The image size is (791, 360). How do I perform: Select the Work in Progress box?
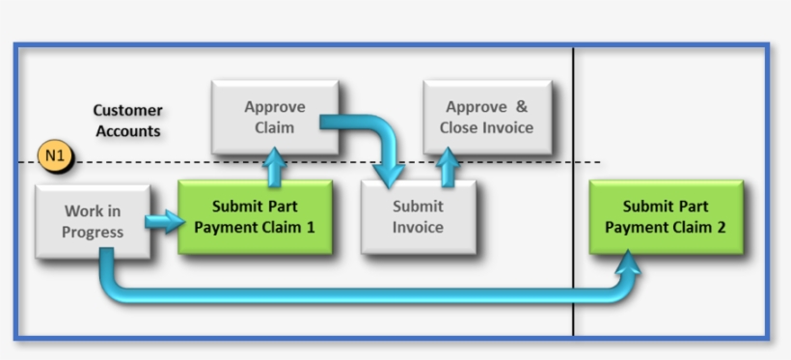coord(93,221)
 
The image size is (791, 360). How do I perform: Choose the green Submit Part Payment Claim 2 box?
coord(666,217)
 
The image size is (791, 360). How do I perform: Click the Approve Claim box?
coord(274,117)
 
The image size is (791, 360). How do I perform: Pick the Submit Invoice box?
coord(418,217)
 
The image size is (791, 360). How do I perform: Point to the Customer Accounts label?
coord(127,121)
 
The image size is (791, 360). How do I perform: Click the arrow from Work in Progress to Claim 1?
coord(164,222)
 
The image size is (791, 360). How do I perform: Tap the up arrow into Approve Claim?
coord(275,167)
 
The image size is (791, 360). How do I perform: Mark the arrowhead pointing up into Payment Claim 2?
coord(630,261)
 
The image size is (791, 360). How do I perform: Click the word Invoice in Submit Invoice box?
coord(418,228)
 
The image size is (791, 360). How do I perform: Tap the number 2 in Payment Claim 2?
coord(719,228)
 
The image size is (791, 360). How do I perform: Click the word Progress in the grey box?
coord(93,232)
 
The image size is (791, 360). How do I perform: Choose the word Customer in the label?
coord(127,111)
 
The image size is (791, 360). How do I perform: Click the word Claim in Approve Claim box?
coord(274,127)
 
